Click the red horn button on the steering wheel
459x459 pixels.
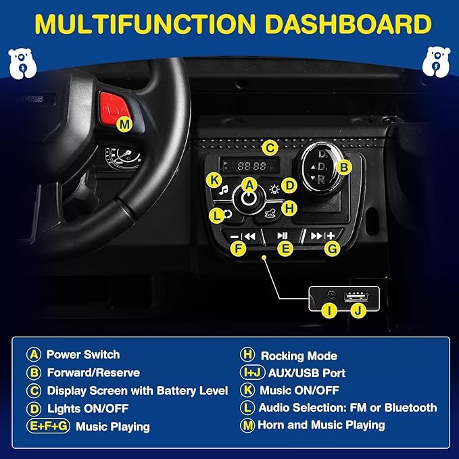click(x=113, y=107)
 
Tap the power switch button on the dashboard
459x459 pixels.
click(x=249, y=199)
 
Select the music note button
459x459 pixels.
click(x=224, y=190)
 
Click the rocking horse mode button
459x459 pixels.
click(x=270, y=213)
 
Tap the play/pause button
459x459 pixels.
click(x=282, y=236)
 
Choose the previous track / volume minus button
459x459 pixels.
click(x=243, y=236)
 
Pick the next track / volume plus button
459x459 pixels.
click(x=322, y=236)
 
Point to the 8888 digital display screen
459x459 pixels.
click(x=249, y=166)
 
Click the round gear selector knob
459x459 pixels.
click(x=321, y=167)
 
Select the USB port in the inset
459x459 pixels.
click(x=356, y=297)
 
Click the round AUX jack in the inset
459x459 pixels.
click(x=331, y=295)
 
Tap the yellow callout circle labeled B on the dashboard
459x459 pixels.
click(x=344, y=168)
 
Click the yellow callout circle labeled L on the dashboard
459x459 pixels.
click(x=216, y=216)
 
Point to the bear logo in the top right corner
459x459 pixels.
click(x=436, y=62)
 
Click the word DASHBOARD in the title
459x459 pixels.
click(x=347, y=24)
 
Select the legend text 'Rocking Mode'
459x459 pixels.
click(x=299, y=356)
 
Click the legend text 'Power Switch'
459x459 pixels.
click(x=83, y=354)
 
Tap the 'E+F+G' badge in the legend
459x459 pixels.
click(x=48, y=426)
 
